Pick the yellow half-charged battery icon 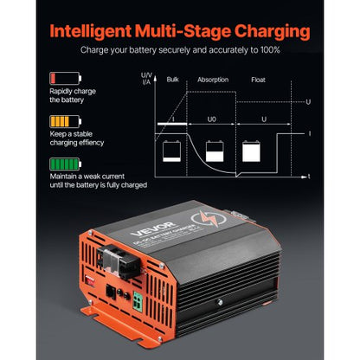[59, 122]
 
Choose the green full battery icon [59, 164]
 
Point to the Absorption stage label [214, 78]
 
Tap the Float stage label [260, 78]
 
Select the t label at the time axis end [309, 177]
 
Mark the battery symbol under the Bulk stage [170, 151]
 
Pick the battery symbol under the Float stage [252, 151]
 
